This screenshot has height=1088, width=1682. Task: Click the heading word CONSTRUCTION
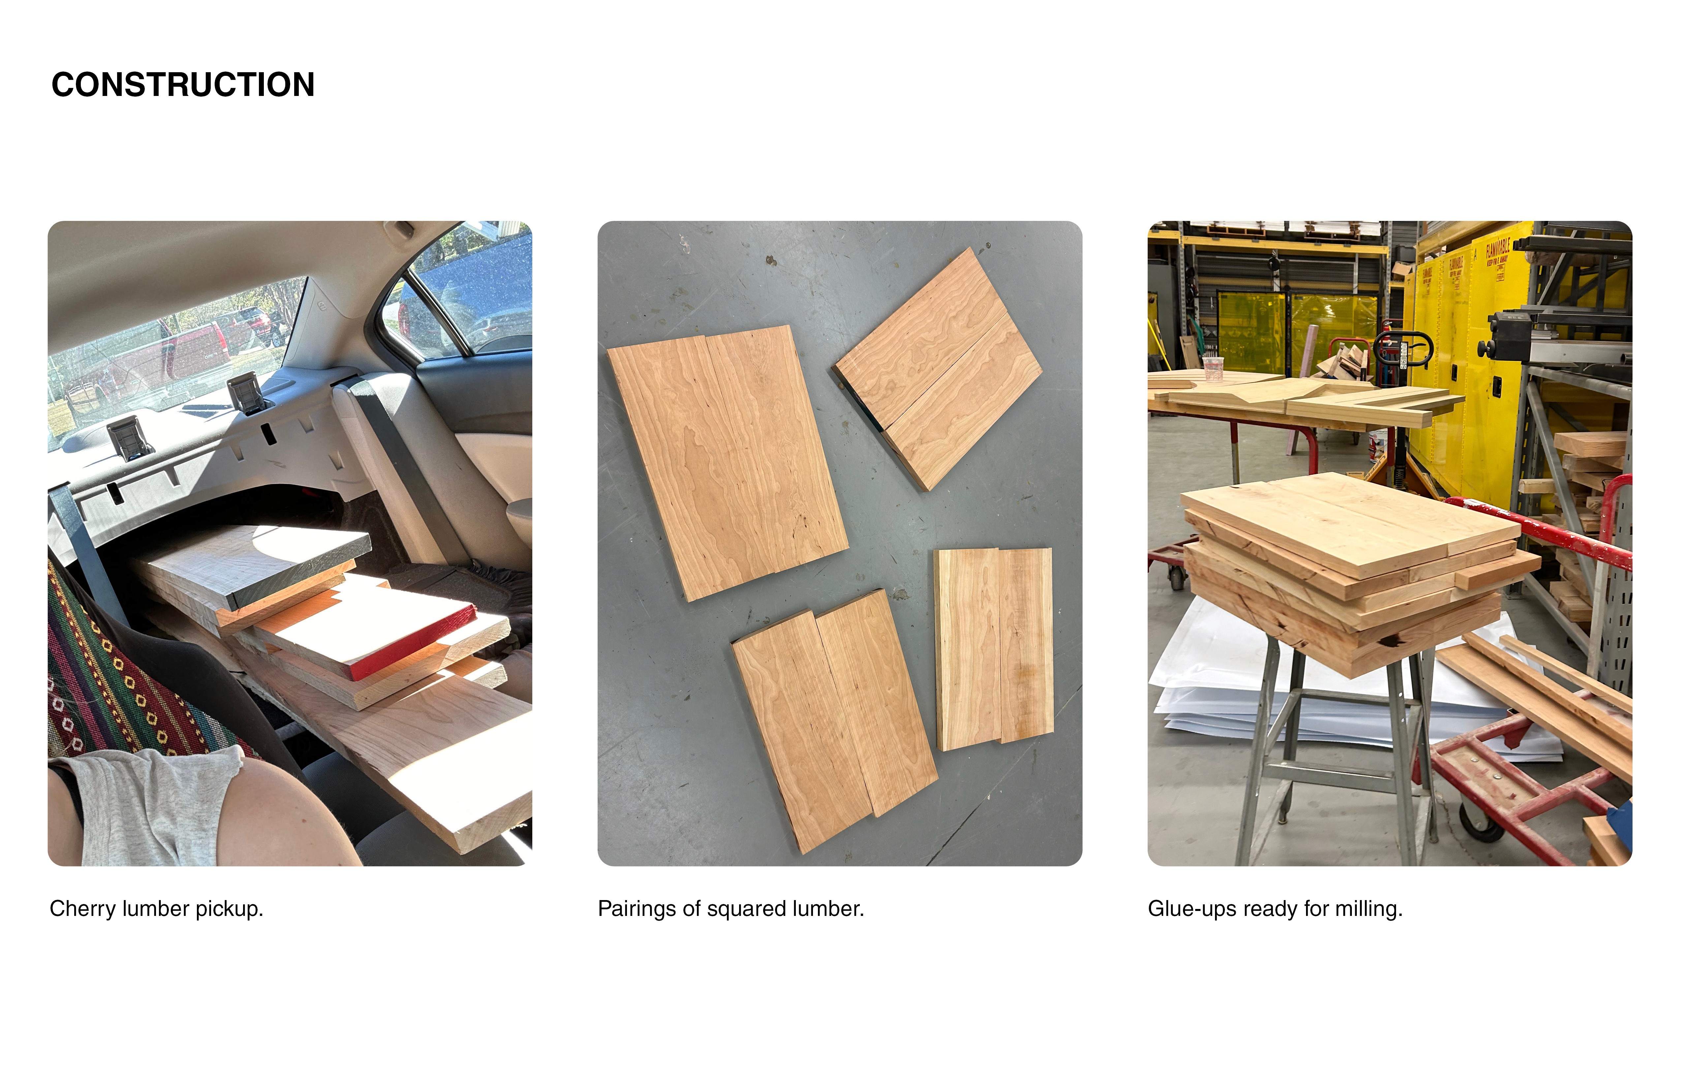(x=183, y=85)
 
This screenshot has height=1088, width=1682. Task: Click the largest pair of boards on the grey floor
(x=728, y=463)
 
